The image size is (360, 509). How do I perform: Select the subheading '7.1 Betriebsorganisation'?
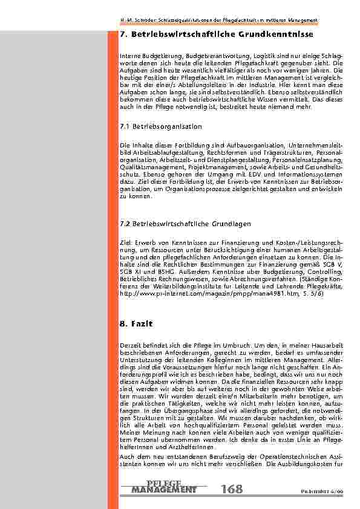(x=162, y=126)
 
